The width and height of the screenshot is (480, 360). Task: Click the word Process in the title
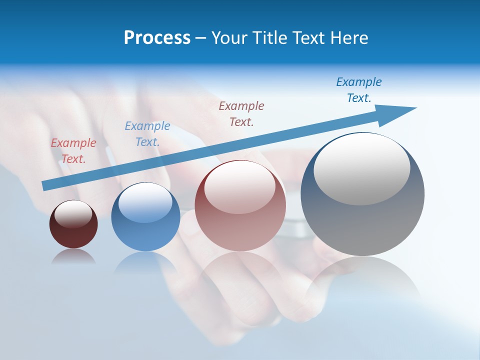(x=157, y=38)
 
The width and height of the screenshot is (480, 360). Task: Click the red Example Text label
(x=73, y=151)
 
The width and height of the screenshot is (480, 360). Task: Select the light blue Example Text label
(x=147, y=134)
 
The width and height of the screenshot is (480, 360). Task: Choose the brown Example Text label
(x=241, y=113)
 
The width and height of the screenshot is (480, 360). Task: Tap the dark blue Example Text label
(x=359, y=90)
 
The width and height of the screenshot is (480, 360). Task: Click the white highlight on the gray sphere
(x=361, y=169)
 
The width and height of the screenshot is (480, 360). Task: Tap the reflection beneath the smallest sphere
(x=73, y=257)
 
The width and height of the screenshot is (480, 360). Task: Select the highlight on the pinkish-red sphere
(x=240, y=188)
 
